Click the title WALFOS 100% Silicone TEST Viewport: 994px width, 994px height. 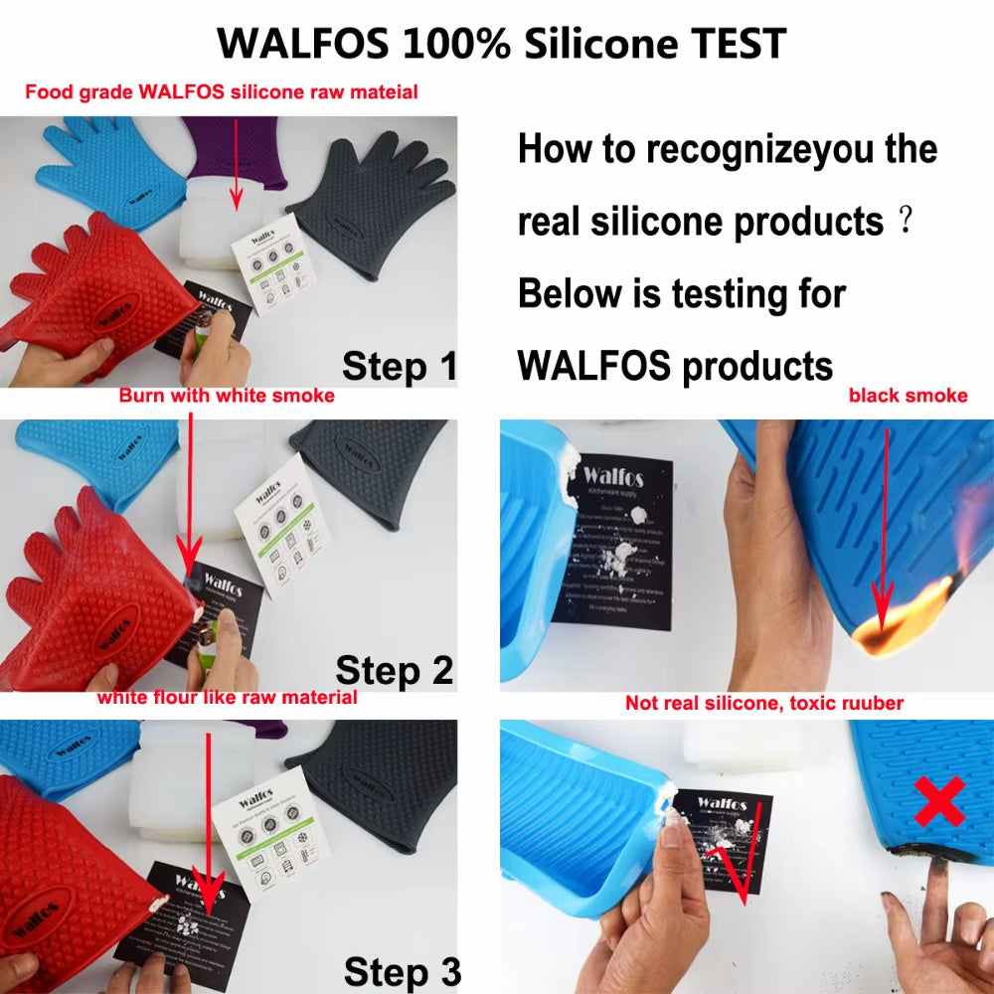click(x=502, y=43)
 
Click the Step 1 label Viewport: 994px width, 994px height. click(x=399, y=367)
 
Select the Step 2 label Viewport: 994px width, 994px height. click(x=394, y=670)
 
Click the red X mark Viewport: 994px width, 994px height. click(x=938, y=800)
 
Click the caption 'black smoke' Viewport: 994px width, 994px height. click(x=908, y=396)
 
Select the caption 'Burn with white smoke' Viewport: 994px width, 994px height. click(x=227, y=396)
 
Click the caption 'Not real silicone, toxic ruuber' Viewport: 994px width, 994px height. click(x=763, y=703)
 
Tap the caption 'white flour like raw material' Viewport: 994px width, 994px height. click(x=227, y=698)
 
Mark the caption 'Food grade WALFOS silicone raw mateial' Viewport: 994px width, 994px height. click(x=221, y=92)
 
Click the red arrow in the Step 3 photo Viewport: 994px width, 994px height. click(x=208, y=825)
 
